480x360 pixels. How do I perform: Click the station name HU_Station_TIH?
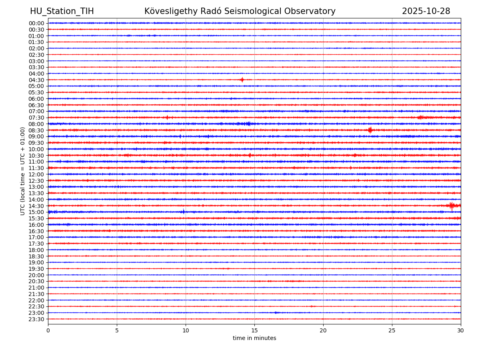click(62, 11)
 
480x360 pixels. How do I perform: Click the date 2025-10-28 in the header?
click(426, 11)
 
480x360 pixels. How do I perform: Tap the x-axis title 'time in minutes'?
click(254, 338)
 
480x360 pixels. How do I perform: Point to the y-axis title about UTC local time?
click(23, 171)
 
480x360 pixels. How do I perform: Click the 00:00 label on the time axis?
click(36, 23)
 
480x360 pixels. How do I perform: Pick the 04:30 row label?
click(36, 80)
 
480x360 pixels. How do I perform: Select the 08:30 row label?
click(36, 130)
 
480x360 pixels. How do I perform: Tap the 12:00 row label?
click(36, 174)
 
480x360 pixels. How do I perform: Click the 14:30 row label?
click(36, 206)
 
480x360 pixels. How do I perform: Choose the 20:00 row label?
click(36, 275)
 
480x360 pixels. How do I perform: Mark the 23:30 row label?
click(36, 319)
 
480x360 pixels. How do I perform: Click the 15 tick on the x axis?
click(254, 330)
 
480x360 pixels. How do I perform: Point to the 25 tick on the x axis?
click(392, 330)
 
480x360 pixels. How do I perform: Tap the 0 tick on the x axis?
click(48, 330)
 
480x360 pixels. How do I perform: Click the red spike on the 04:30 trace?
click(242, 80)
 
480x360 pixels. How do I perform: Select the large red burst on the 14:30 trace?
click(452, 206)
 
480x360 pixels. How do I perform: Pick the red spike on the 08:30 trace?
click(370, 130)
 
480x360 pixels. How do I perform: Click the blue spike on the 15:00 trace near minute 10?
click(184, 212)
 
